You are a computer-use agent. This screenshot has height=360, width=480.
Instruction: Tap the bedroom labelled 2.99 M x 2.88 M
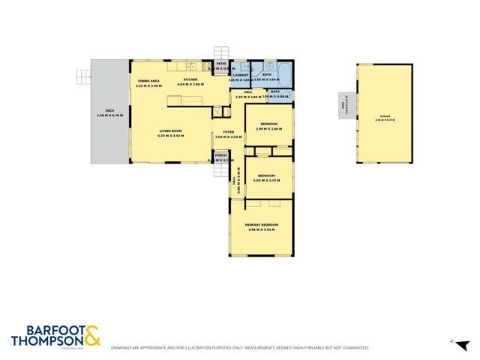click(x=268, y=126)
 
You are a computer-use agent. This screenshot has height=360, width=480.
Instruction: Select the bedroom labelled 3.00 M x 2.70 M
click(x=266, y=178)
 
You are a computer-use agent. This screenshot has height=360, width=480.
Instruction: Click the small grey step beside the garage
click(x=346, y=106)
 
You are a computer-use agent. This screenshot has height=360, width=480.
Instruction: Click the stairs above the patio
click(x=220, y=53)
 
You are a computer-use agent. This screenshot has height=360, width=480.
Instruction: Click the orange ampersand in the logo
click(x=91, y=334)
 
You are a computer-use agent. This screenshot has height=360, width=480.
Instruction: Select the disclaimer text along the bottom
click(x=240, y=348)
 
